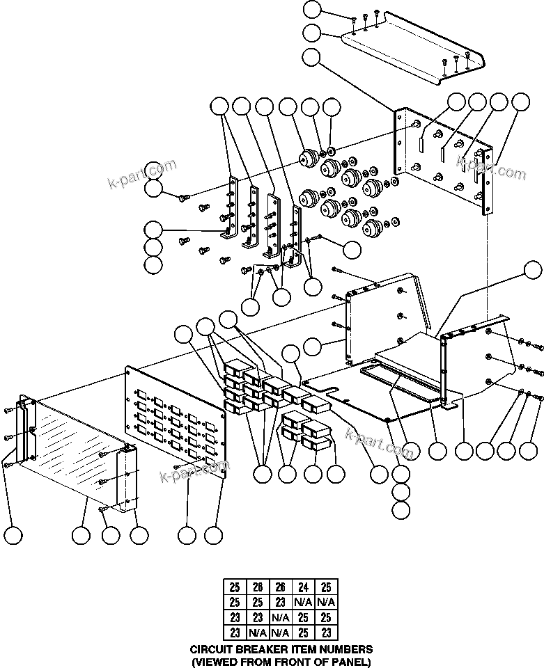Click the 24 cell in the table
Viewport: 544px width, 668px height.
pyautogui.click(x=304, y=587)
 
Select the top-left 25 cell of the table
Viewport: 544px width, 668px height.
pyautogui.click(x=234, y=587)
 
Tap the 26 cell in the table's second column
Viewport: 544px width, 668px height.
pyautogui.click(x=257, y=587)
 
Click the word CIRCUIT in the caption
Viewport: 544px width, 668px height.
pyautogui.click(x=211, y=649)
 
